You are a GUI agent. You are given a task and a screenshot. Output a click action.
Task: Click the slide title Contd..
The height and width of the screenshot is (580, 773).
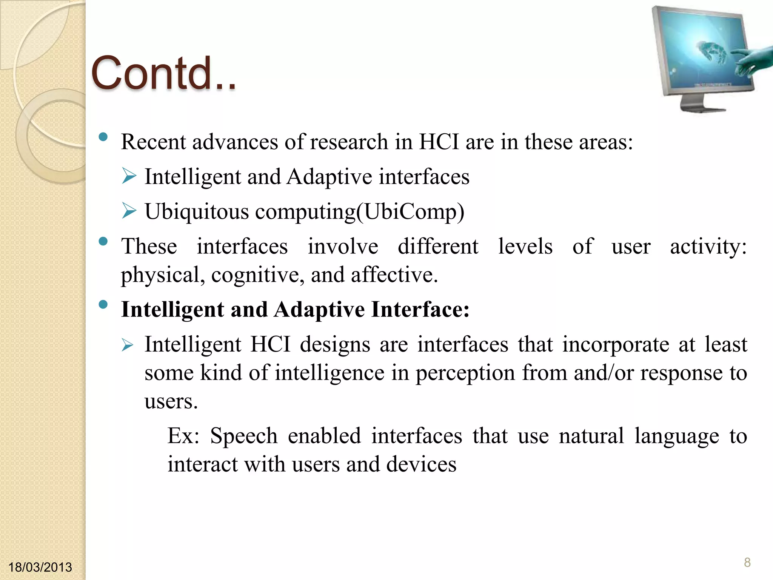163,74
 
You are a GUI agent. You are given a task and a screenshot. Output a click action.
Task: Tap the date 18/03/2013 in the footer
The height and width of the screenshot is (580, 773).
40,567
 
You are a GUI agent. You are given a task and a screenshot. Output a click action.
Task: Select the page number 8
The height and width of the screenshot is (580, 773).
747,562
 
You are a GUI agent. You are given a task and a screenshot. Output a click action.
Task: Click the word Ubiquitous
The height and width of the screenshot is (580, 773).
197,212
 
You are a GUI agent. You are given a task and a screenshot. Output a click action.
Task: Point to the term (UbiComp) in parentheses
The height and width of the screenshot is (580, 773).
410,212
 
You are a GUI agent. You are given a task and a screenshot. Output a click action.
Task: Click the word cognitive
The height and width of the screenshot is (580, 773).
257,275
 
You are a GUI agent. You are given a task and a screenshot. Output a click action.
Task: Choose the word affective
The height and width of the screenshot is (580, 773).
394,275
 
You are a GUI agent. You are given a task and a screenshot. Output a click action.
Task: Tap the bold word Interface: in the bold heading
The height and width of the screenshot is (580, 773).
420,310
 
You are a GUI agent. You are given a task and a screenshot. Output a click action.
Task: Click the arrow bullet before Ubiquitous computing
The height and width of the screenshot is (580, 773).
129,211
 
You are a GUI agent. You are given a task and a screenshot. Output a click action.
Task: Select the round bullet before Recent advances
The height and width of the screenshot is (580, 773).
103,137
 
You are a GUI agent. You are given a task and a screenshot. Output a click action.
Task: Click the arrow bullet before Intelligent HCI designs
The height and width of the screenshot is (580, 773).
128,345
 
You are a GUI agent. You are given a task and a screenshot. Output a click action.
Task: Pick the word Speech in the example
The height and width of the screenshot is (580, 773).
243,436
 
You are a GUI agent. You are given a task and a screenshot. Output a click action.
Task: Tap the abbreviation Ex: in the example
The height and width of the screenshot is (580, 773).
183,436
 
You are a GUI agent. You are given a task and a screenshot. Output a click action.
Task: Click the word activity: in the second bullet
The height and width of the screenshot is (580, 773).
708,247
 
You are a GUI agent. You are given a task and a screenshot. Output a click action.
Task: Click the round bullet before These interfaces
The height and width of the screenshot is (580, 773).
103,241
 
